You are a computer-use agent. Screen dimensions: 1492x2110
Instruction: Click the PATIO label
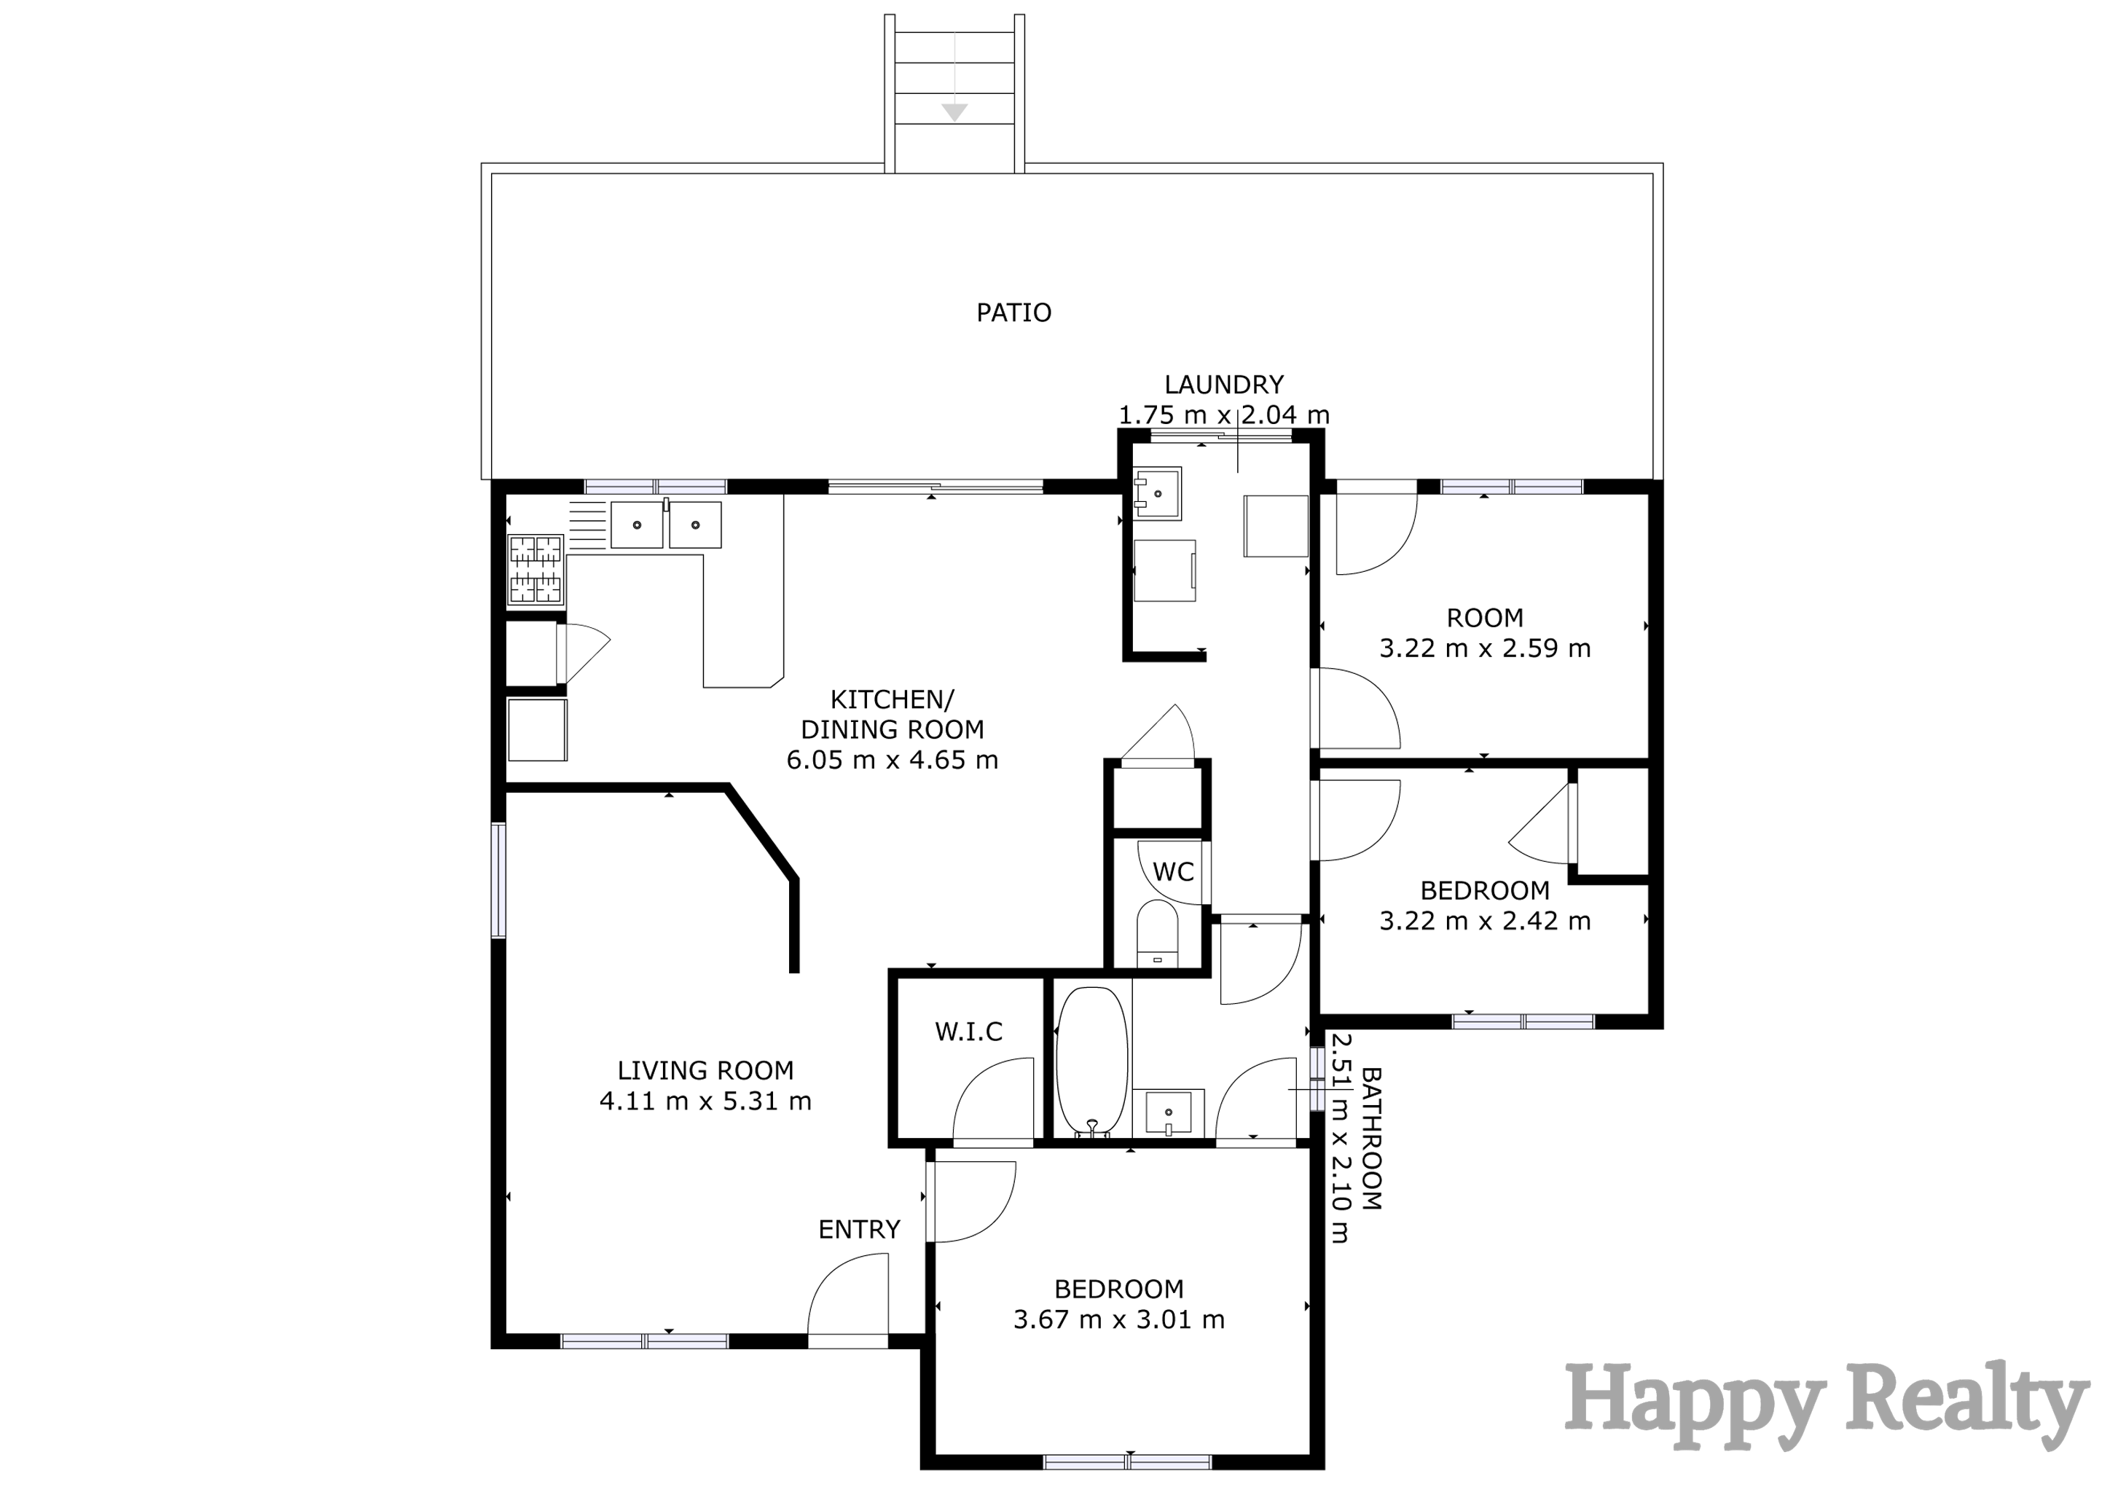tap(1013, 313)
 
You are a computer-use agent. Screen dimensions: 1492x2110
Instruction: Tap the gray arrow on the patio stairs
tap(955, 111)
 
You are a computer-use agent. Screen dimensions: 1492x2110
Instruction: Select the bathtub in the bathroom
tap(1091, 1062)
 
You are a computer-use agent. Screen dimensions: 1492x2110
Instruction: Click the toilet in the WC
tap(1157, 933)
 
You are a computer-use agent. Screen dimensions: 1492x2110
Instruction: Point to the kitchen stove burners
tap(536, 570)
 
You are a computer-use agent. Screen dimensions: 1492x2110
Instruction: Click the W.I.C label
tap(968, 1032)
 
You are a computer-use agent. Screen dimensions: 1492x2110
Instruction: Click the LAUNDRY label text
tap(1223, 385)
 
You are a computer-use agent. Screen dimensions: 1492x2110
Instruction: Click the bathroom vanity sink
tap(1168, 1112)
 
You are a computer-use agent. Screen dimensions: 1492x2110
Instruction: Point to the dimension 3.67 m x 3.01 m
tap(1118, 1319)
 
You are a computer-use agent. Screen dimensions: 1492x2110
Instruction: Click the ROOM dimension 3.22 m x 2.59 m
tap(1484, 648)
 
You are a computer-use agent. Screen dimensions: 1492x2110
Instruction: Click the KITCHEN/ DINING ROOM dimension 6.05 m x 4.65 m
tap(891, 760)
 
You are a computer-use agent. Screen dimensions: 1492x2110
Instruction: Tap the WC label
tap(1172, 872)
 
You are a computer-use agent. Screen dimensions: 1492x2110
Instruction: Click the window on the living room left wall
tap(498, 880)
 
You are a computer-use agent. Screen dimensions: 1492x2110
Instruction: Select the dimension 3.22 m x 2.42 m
tap(1484, 921)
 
